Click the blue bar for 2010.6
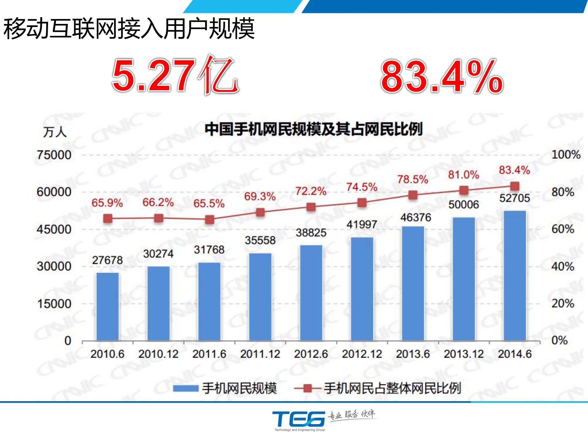point(108,306)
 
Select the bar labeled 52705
point(515,276)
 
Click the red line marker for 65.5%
point(210,219)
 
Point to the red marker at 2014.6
point(515,186)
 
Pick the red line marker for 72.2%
point(311,207)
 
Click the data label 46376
point(415,218)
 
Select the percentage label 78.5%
point(412,179)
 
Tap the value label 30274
point(158,254)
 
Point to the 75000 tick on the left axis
point(54,155)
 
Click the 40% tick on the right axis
point(563,266)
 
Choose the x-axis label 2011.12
point(260,354)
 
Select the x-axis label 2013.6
point(413,354)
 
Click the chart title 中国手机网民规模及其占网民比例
point(313,129)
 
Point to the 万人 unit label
point(55,132)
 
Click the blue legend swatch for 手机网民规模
point(186,388)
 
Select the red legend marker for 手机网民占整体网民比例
point(308,388)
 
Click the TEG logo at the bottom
point(299,419)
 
